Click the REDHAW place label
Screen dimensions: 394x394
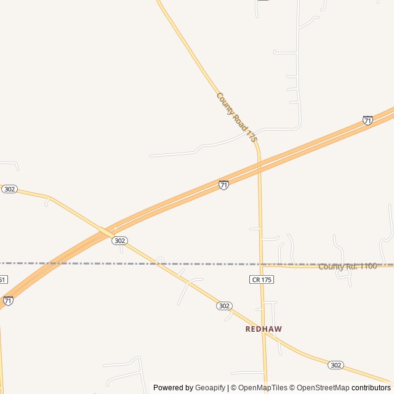click(263, 329)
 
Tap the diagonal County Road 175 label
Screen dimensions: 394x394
click(236, 118)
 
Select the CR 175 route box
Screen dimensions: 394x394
click(262, 279)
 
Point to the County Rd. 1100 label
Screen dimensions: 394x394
click(347, 267)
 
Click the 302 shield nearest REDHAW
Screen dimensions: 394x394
click(224, 306)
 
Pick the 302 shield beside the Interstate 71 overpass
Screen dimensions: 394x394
click(120, 241)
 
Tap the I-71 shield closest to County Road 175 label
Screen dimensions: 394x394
click(223, 185)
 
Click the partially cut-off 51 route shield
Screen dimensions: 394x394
click(3, 279)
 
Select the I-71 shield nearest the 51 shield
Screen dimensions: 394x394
click(8, 300)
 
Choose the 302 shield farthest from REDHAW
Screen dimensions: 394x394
click(9, 189)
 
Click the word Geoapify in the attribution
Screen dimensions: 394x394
click(211, 388)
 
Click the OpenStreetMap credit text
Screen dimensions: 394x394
click(320, 388)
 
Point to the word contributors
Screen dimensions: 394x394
click(371, 388)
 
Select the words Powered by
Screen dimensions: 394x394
click(173, 388)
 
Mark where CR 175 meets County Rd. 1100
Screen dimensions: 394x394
click(261, 265)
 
